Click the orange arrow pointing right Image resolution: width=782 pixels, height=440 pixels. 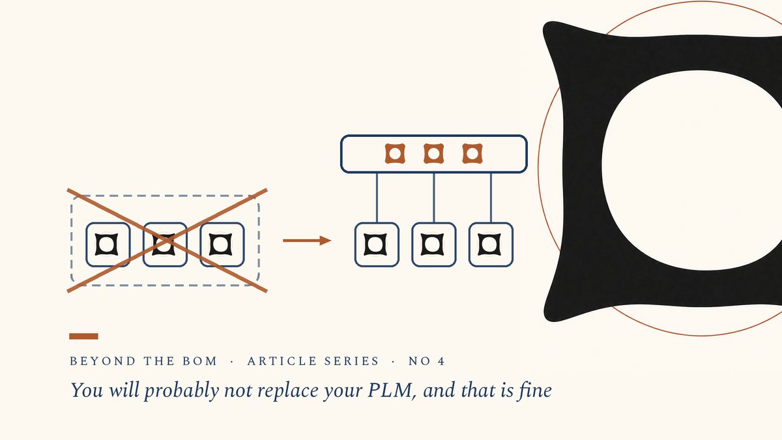click(307, 241)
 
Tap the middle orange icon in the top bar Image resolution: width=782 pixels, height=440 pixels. click(433, 154)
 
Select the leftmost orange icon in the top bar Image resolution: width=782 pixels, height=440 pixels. click(395, 154)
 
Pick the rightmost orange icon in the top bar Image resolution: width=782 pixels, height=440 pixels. click(472, 154)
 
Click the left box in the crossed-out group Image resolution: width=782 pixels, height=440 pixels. click(108, 244)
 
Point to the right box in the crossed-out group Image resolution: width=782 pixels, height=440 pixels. click(222, 244)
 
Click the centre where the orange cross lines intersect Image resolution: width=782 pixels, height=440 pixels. click(167, 241)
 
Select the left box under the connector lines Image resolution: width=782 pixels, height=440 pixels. click(377, 244)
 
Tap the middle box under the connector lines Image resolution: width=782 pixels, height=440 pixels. click(433, 244)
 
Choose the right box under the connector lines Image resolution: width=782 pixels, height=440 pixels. click(491, 244)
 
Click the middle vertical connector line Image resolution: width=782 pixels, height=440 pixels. click(433, 198)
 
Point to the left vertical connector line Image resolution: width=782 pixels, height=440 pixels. click(377, 198)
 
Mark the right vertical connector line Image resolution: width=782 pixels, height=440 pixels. click(491, 198)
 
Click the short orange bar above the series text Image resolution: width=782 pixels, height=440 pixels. click(83, 336)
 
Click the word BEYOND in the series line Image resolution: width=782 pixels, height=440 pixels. click(103, 360)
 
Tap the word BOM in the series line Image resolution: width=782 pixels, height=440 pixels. click(200, 360)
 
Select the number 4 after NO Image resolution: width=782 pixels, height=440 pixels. click(442, 360)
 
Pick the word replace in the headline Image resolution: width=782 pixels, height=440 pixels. click(288, 390)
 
